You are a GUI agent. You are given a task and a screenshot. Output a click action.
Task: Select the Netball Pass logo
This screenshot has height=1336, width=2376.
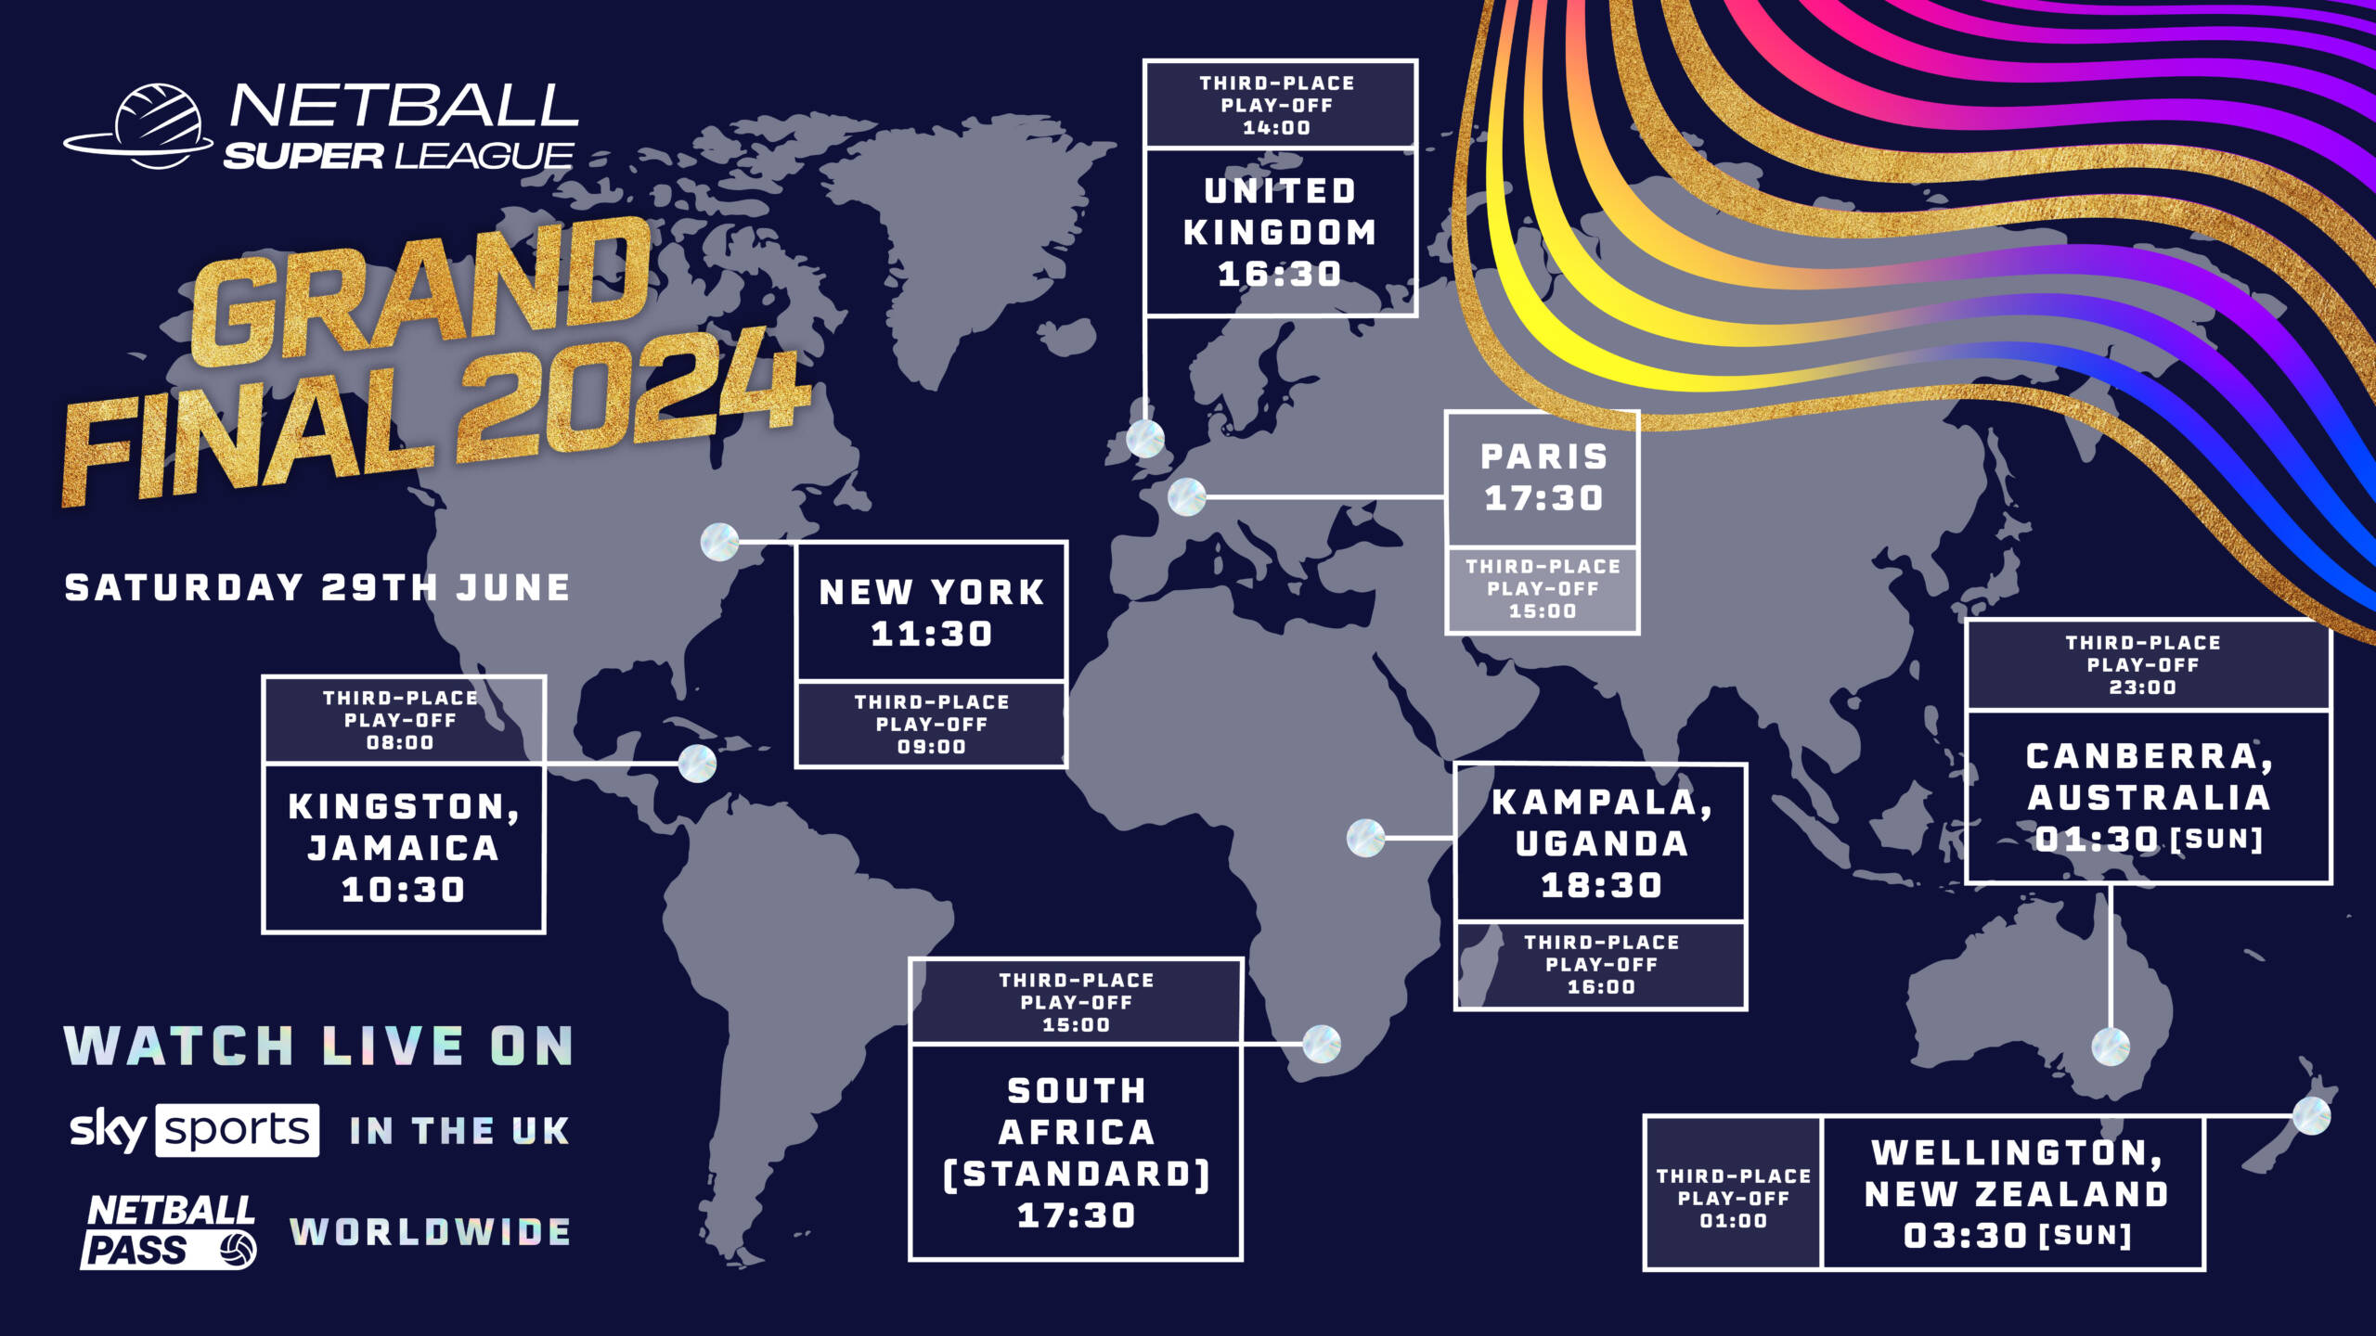(170, 1231)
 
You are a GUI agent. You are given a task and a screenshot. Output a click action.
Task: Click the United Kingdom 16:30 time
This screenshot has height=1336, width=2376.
(1279, 275)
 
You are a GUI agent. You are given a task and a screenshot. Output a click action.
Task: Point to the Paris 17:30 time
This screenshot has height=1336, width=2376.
(1543, 499)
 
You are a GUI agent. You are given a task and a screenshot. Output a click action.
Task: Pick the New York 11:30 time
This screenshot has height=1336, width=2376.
(932, 635)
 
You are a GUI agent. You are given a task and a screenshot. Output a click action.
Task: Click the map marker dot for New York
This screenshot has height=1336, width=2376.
(719, 542)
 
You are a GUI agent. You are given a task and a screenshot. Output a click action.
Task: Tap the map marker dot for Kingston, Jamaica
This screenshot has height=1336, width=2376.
(697, 764)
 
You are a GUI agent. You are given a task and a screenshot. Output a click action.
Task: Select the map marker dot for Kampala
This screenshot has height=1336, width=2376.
(1365, 838)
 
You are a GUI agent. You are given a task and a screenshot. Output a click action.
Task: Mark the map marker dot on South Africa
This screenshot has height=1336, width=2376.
(1321, 1044)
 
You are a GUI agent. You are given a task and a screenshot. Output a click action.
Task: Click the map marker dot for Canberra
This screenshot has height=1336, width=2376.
(2111, 1047)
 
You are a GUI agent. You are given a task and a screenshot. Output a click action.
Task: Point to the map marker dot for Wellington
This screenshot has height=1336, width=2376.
(2311, 1115)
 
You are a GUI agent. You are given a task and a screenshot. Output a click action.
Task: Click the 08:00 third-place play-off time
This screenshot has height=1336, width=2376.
(400, 743)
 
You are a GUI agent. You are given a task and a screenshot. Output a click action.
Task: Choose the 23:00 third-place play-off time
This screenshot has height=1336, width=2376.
(2142, 687)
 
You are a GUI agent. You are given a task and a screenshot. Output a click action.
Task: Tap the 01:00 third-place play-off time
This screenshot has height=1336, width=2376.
(1733, 1221)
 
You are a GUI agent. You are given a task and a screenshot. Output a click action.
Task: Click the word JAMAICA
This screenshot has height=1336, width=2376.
(404, 848)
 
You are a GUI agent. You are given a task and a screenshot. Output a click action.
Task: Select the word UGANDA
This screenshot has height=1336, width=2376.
(1601, 843)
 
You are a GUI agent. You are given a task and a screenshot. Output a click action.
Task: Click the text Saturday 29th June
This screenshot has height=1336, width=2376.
(317, 587)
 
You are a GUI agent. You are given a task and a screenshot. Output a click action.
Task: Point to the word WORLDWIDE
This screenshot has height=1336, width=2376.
(431, 1232)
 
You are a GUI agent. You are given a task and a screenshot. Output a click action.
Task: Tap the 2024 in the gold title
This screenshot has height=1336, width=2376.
(631, 399)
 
